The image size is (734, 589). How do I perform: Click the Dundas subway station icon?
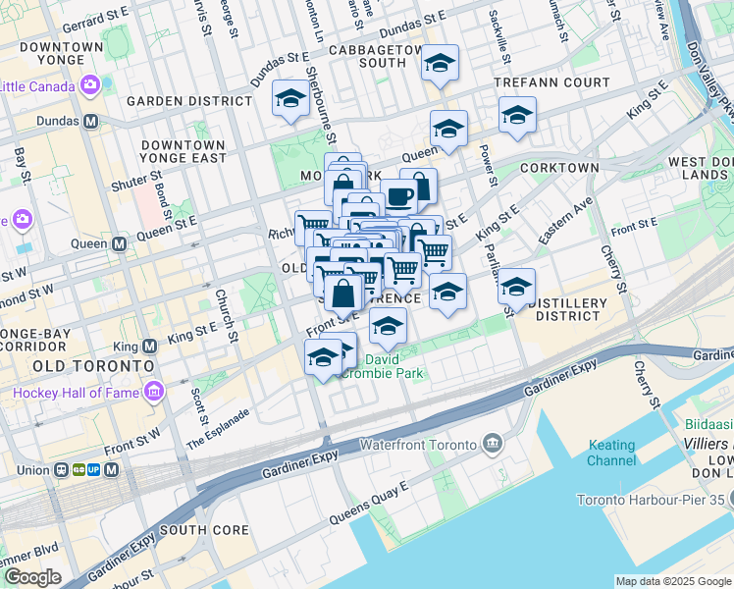pyautogui.click(x=91, y=121)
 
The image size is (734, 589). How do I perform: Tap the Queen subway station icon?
pyautogui.click(x=119, y=243)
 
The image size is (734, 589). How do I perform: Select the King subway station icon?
pyautogui.click(x=149, y=347)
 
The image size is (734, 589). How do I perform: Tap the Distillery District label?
pyautogui.click(x=564, y=309)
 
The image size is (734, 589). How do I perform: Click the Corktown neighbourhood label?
pyautogui.click(x=559, y=168)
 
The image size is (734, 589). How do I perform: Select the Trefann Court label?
pyautogui.click(x=551, y=82)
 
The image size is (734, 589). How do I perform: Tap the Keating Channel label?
pyautogui.click(x=611, y=453)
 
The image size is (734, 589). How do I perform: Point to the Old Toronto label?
pyautogui.click(x=93, y=365)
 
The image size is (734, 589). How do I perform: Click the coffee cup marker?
pyautogui.click(x=397, y=196)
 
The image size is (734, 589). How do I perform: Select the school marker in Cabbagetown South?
pyautogui.click(x=440, y=63)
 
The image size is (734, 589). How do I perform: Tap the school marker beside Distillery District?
pyautogui.click(x=516, y=287)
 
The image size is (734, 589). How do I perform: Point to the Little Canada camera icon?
pyautogui.click(x=90, y=85)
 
